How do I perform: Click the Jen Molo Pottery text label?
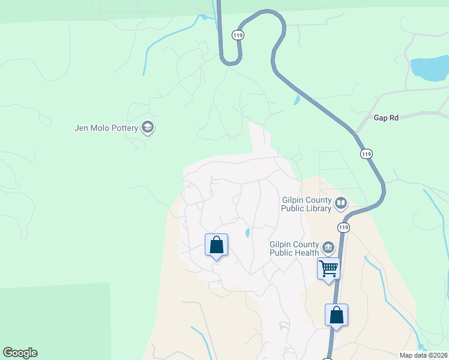(x=106, y=127)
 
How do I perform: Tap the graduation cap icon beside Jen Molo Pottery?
(x=148, y=127)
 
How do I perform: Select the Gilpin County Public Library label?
(x=307, y=204)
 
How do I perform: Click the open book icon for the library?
(x=341, y=203)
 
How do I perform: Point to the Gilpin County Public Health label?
(x=294, y=248)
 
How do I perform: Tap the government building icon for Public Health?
(x=328, y=247)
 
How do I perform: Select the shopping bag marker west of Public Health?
(x=216, y=245)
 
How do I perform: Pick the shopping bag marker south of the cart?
(x=336, y=315)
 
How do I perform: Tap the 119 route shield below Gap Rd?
(x=366, y=154)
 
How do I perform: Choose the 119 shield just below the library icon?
(x=343, y=227)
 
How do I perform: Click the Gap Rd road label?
(x=386, y=118)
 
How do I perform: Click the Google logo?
(x=20, y=353)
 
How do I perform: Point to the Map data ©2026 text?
(x=424, y=355)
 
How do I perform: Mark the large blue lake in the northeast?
(x=429, y=69)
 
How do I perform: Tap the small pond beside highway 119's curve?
(x=296, y=100)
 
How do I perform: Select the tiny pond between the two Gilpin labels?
(x=247, y=233)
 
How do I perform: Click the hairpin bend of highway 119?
(x=231, y=60)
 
